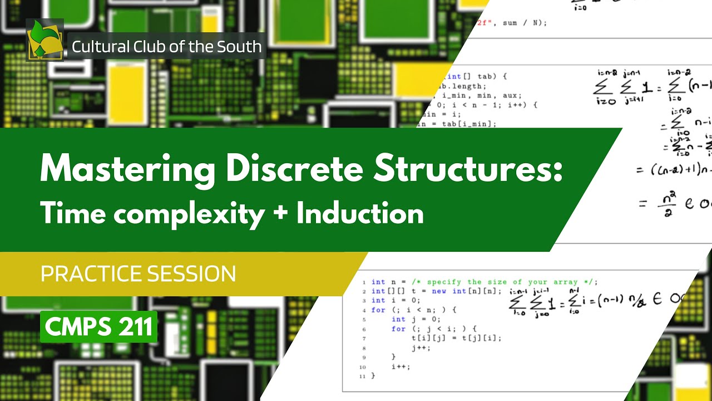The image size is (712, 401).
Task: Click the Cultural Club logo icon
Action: click(x=45, y=40)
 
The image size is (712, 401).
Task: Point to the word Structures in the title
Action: click(x=467, y=169)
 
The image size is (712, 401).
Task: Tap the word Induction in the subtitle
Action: click(x=360, y=213)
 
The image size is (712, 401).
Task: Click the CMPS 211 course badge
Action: click(x=98, y=327)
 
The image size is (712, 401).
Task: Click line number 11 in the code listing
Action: click(x=362, y=376)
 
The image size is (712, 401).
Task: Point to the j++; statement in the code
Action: click(x=421, y=348)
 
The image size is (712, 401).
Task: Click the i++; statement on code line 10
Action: click(x=400, y=366)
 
